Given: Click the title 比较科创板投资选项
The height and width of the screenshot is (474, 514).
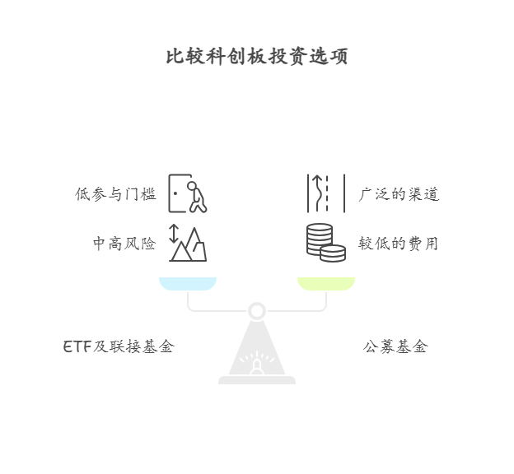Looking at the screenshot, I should [257, 57].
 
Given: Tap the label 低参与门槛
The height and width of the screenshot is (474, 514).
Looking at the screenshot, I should [115, 194].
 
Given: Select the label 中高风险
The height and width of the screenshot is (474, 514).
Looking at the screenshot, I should [124, 244].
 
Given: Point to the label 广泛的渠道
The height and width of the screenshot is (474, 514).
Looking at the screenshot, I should [399, 194].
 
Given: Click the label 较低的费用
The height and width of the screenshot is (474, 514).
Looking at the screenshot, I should [399, 244].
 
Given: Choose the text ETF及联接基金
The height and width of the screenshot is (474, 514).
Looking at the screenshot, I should [119, 346].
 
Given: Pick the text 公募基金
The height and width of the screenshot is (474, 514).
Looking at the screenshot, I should [395, 346].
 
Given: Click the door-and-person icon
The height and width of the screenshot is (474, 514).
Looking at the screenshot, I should [187, 193].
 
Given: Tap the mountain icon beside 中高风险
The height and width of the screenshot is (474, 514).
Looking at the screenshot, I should [192, 245].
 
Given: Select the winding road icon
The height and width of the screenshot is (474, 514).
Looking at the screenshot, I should [326, 193].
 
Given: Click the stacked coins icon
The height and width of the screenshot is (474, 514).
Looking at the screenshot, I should [325, 243].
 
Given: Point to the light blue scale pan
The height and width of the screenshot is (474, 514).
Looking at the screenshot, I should [189, 284].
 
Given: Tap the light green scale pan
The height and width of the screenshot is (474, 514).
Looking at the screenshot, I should [326, 284].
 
